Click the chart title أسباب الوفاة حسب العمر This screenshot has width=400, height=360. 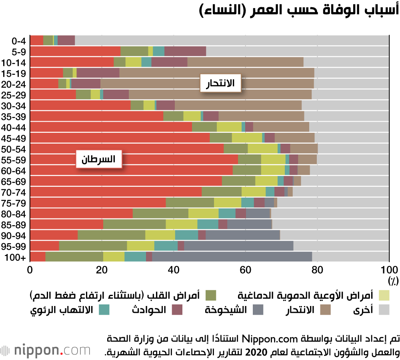pos(300,11)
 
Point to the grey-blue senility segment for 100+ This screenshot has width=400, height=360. pos(232,257)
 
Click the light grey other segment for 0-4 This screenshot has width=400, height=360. pos(232,40)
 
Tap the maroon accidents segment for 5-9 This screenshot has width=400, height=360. pos(185,51)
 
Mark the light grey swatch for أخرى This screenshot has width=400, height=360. pos(384,310)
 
